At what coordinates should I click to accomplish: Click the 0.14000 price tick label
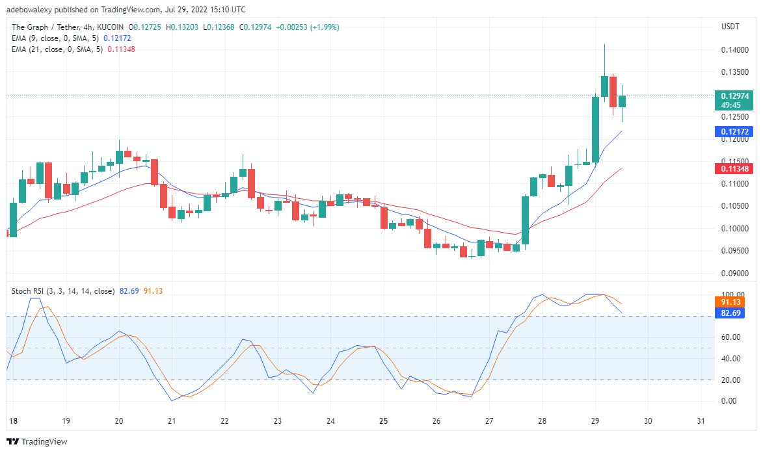coord(734,50)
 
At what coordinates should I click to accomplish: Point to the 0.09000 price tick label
coord(734,274)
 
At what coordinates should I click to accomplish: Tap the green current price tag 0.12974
coord(734,96)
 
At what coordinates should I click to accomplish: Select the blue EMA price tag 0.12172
coord(734,132)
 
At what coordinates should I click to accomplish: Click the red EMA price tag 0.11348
coord(734,169)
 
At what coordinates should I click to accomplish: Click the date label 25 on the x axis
coord(383,421)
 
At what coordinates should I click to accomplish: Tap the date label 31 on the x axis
coord(701,421)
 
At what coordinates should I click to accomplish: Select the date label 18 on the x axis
coord(12,421)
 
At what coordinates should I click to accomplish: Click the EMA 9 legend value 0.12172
coord(117,38)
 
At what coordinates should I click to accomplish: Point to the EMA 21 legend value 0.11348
coord(121,49)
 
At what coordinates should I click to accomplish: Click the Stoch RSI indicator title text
coord(63,291)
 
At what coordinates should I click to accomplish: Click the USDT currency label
coord(732,27)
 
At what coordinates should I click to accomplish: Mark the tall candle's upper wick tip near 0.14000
coord(604,45)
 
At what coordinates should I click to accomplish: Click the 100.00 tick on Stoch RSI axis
coord(732,295)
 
